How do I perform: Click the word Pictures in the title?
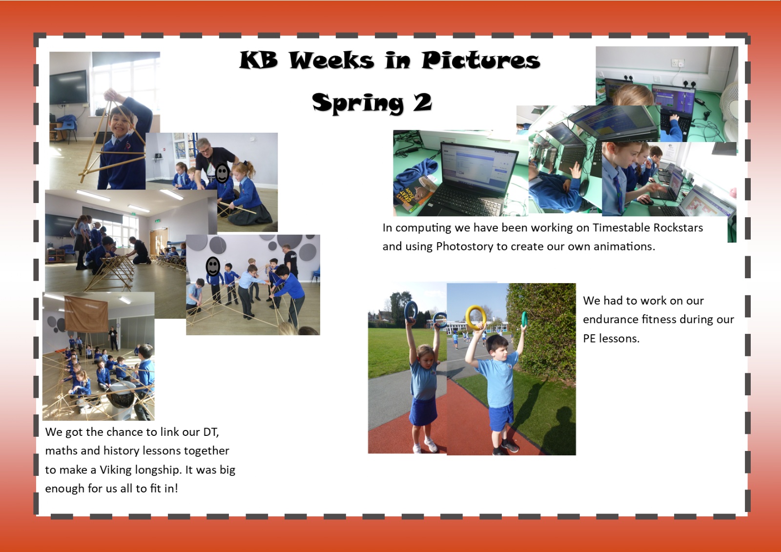(481, 60)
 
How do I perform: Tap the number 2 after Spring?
(422, 103)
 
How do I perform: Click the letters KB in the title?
(259, 60)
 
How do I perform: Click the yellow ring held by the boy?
(475, 317)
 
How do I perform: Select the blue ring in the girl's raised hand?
(411, 311)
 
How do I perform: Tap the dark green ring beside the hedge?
(524, 319)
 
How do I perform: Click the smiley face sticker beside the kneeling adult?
(222, 173)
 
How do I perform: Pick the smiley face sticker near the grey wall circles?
(213, 267)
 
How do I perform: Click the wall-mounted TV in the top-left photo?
(68, 87)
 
